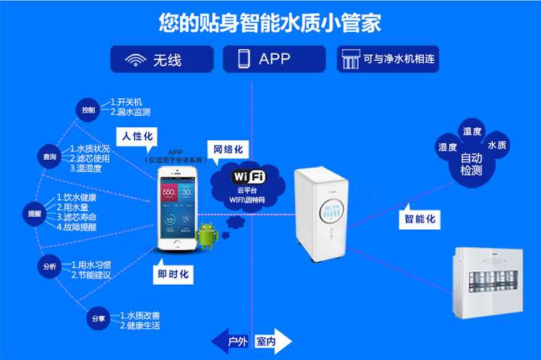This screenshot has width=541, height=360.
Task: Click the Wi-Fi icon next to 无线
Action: tap(135, 59)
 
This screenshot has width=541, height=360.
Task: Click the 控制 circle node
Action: tap(88, 110)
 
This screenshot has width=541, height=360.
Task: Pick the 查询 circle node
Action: tap(49, 156)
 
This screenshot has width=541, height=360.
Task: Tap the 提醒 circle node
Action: tap(35, 214)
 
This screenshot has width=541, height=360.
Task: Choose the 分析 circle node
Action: tap(49, 267)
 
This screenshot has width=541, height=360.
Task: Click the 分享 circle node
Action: tap(97, 319)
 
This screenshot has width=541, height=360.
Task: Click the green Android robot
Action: tap(206, 236)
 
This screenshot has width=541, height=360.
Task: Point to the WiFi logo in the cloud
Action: tap(249, 176)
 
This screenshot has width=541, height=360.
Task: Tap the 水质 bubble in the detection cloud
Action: tap(497, 145)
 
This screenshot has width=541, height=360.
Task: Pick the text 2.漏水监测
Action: tap(130, 112)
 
